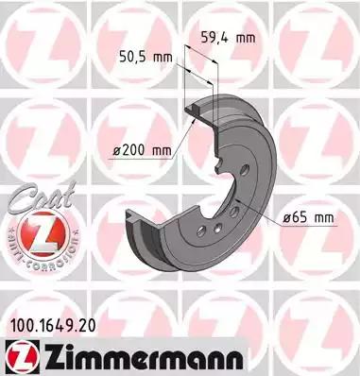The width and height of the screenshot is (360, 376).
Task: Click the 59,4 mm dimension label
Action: [231, 39]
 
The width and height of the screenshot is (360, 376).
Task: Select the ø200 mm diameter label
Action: [139, 150]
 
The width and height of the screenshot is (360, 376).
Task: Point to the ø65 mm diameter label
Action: [310, 219]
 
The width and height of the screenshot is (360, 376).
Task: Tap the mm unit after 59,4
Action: [246, 39]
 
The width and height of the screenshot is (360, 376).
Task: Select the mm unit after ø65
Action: [323, 219]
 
